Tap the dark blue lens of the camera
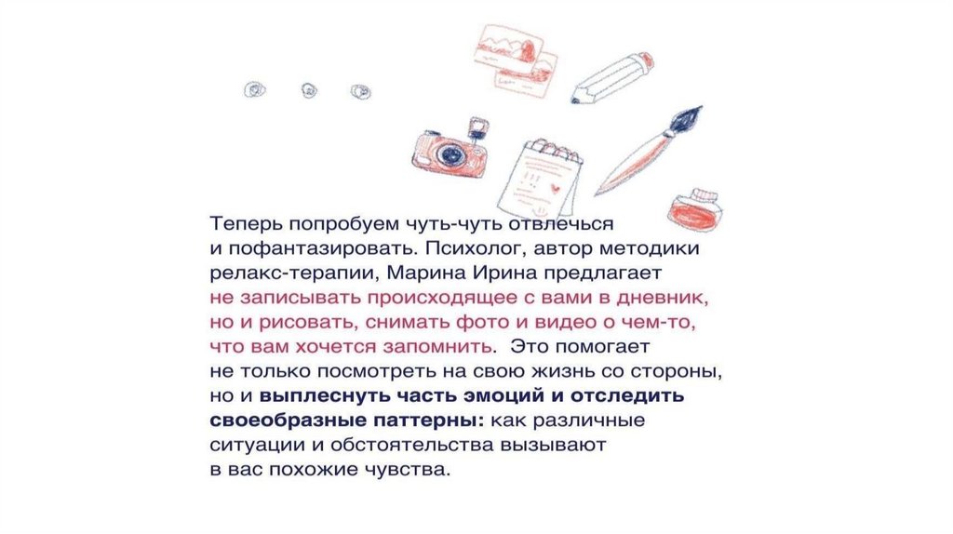pyautogui.click(x=450, y=154)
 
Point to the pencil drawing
pyautogui.click(x=611, y=78)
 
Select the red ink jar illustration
pyautogui.click(x=694, y=209)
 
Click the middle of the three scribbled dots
pyautogui.click(x=309, y=90)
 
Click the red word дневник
pyautogui.click(x=663, y=299)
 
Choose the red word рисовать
pyautogui.click(x=306, y=323)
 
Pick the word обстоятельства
pyautogui.click(x=412, y=445)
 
